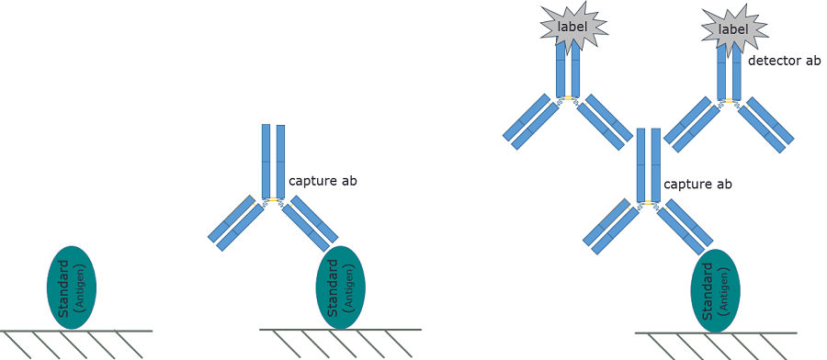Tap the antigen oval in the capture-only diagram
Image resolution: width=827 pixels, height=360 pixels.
340,287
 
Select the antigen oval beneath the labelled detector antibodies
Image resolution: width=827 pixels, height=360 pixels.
715,290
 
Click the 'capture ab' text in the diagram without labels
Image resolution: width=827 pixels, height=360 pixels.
323,181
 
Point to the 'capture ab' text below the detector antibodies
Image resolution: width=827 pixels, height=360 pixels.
697,185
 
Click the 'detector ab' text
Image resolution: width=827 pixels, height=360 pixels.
784,62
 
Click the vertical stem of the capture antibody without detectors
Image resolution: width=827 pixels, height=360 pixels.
273,161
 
